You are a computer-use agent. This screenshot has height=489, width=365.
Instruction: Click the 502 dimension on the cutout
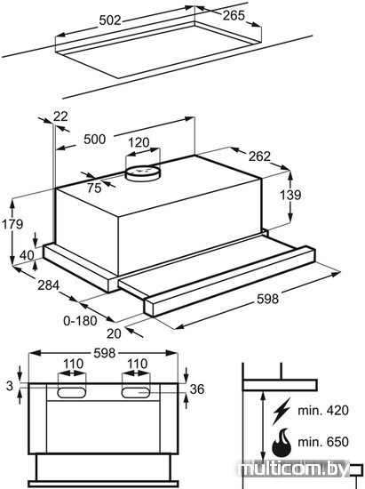[x=110, y=20]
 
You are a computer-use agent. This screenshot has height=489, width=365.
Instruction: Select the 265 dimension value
[x=234, y=15]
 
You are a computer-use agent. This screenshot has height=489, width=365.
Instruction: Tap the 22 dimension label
[x=60, y=116]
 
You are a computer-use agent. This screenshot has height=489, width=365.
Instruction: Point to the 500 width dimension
[x=95, y=139]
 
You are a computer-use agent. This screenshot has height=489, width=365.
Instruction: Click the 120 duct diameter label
[x=139, y=142]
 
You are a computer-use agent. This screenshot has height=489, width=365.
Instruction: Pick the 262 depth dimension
[x=259, y=156]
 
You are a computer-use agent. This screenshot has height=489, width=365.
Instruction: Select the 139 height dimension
[x=290, y=196]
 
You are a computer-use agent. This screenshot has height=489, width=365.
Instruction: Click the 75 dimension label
[x=94, y=188]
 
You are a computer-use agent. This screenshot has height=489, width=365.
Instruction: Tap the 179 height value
[x=12, y=224]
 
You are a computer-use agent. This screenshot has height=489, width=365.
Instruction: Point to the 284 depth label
[x=48, y=285]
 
